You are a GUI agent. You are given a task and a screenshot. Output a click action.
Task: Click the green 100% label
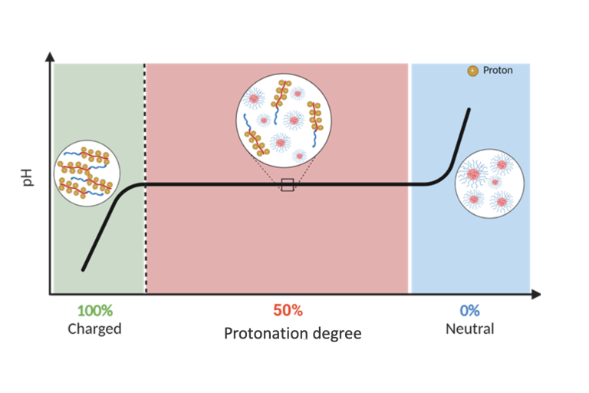click(95, 311)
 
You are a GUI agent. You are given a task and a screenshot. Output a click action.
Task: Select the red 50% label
click(288, 311)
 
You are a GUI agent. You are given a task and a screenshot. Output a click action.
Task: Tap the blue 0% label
click(469, 311)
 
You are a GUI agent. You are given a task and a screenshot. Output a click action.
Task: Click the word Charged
click(95, 329)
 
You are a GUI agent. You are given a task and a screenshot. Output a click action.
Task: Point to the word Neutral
click(469, 329)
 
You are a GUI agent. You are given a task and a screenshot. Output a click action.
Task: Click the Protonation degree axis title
click(292, 334)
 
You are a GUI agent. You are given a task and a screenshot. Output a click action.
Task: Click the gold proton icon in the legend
click(472, 71)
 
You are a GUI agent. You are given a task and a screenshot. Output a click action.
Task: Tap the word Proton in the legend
click(498, 71)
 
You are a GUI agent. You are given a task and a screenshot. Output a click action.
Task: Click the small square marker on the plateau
click(288, 184)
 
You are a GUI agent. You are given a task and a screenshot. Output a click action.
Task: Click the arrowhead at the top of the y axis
click(51, 55)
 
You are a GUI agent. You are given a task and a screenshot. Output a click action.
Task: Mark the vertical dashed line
click(144, 177)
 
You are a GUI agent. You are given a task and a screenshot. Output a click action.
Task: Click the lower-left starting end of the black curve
click(83, 270)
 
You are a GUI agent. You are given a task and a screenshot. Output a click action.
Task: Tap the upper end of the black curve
click(469, 110)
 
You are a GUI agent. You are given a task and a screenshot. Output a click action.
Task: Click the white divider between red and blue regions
click(410, 177)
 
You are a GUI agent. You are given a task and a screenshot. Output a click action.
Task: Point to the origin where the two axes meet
click(51, 293)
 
